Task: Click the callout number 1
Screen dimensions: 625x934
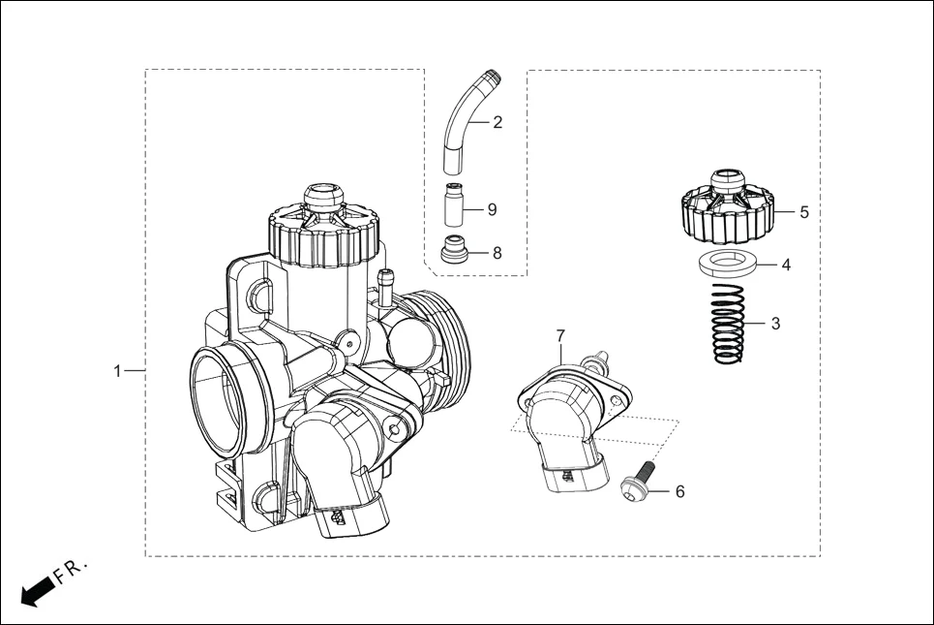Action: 117,371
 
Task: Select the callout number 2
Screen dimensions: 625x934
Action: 497,122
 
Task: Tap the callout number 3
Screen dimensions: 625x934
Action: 775,324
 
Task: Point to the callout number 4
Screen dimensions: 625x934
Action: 786,264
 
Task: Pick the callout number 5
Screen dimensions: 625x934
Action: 804,210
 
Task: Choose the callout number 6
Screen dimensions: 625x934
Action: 679,492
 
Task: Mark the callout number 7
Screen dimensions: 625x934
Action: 560,335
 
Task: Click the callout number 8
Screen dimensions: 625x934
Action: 497,253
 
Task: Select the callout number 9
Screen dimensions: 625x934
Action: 492,209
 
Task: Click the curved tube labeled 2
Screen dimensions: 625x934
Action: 463,122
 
